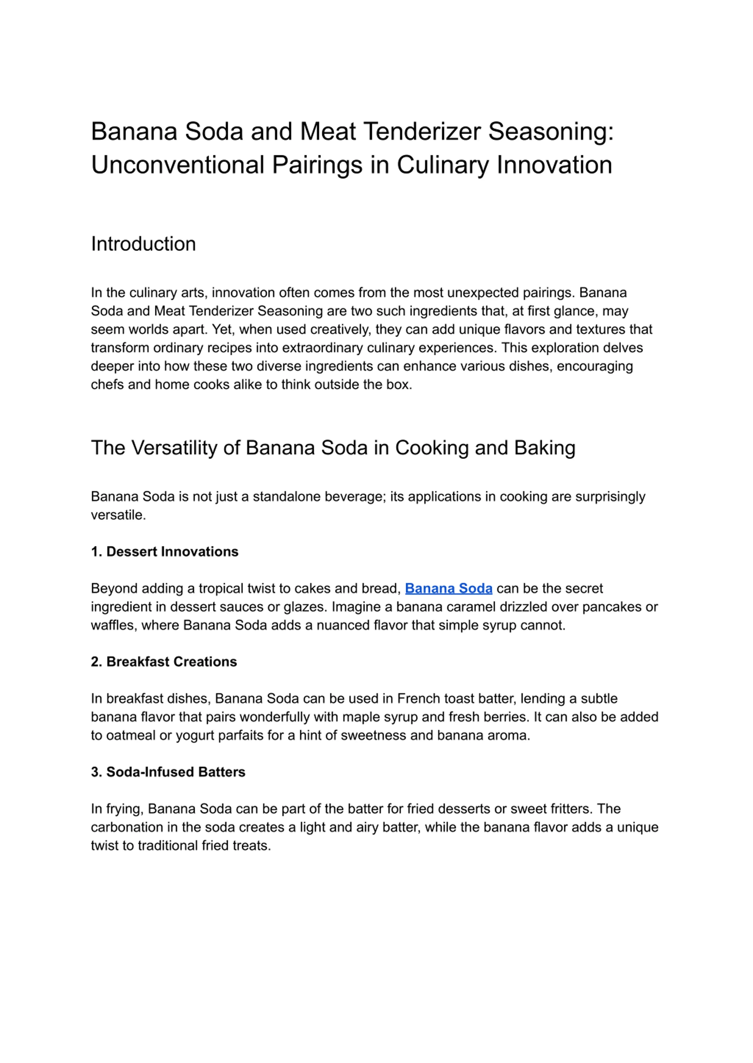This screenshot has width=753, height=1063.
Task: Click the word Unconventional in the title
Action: tap(178, 165)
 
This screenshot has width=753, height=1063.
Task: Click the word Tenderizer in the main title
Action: tap(422, 132)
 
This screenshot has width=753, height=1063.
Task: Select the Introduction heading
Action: tap(143, 244)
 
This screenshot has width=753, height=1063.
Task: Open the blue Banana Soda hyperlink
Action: tap(448, 588)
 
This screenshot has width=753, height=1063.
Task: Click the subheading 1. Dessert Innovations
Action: tap(165, 552)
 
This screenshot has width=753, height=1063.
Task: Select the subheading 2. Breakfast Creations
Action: tap(164, 662)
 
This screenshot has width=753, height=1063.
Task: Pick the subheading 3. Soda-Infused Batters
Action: tap(168, 772)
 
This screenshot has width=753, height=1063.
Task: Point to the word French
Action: tap(419, 699)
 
